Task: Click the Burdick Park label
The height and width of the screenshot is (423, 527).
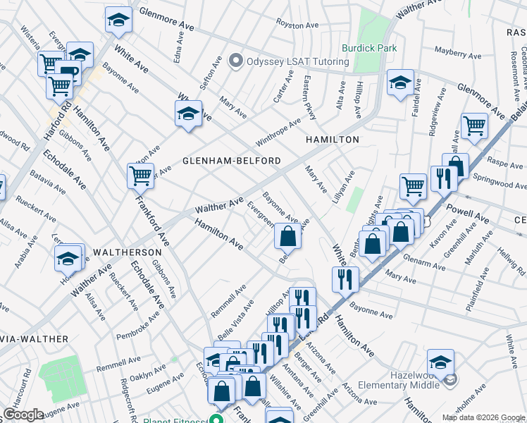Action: (369, 49)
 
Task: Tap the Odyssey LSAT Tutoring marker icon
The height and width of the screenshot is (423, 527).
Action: (235, 61)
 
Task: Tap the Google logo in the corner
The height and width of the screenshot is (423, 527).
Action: (23, 415)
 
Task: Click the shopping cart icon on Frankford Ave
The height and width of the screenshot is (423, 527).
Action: (141, 176)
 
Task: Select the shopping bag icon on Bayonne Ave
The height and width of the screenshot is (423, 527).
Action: (287, 236)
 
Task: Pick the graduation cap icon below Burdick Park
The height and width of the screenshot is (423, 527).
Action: (400, 84)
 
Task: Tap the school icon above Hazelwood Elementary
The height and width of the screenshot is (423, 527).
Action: (440, 362)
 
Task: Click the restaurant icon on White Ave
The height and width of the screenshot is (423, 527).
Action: (345, 279)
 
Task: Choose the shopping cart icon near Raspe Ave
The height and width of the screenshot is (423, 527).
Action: (475, 126)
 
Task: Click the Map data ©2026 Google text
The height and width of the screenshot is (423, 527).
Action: (483, 417)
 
